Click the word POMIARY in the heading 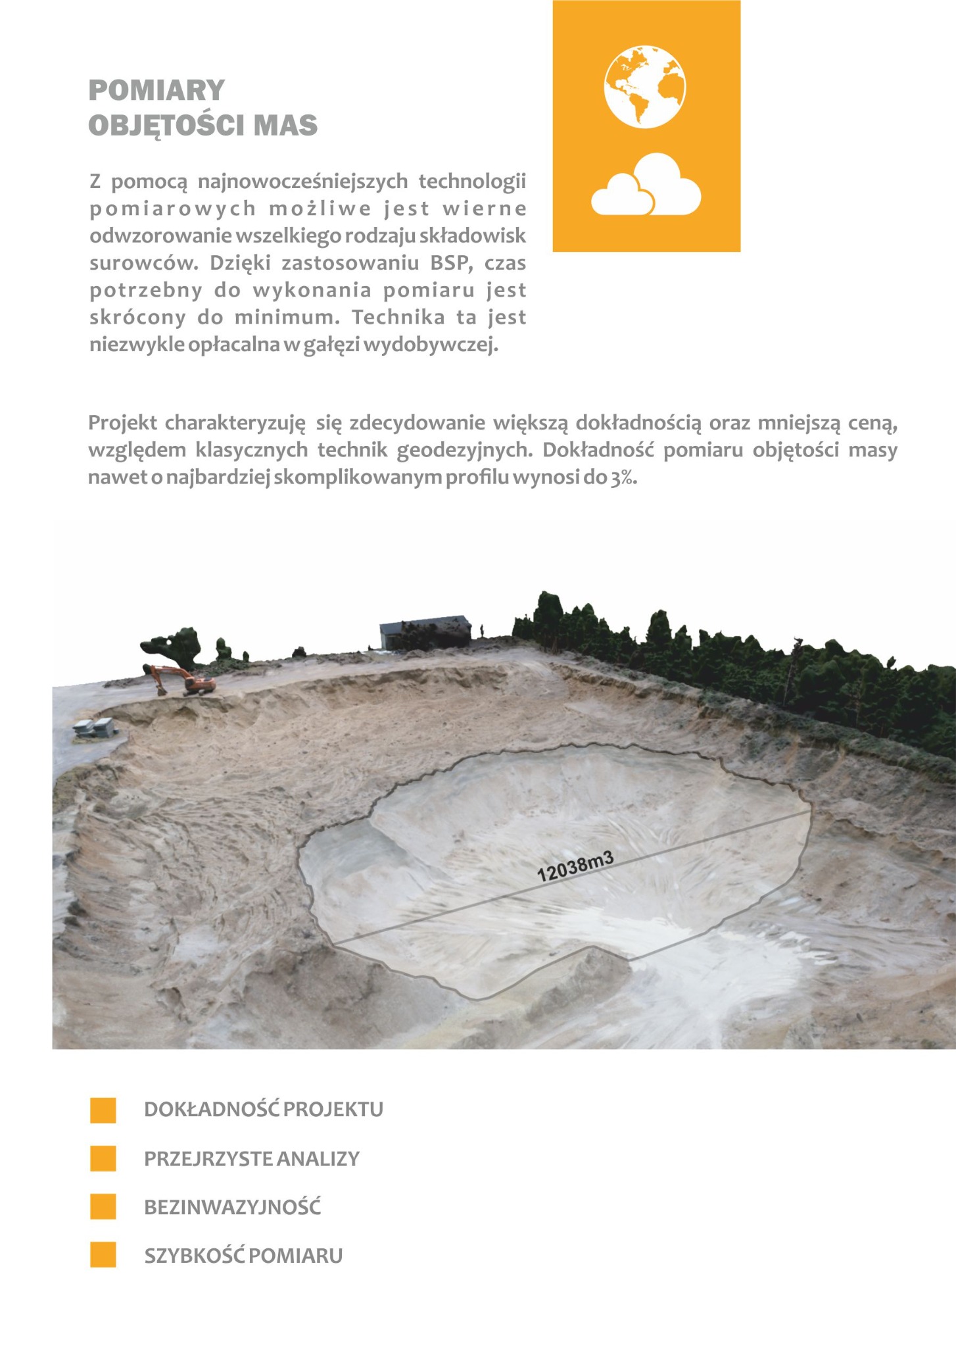click(156, 90)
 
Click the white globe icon click(644, 86)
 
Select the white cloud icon click(646, 186)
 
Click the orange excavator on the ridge click(181, 680)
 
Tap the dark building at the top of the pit click(425, 633)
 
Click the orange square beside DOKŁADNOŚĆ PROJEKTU click(103, 1110)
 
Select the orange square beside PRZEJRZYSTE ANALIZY click(103, 1158)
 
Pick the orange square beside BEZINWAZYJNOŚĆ click(103, 1207)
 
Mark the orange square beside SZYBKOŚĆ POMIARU click(103, 1256)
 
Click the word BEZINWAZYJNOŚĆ click(232, 1208)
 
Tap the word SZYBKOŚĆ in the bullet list click(194, 1256)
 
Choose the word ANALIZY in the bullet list click(318, 1159)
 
